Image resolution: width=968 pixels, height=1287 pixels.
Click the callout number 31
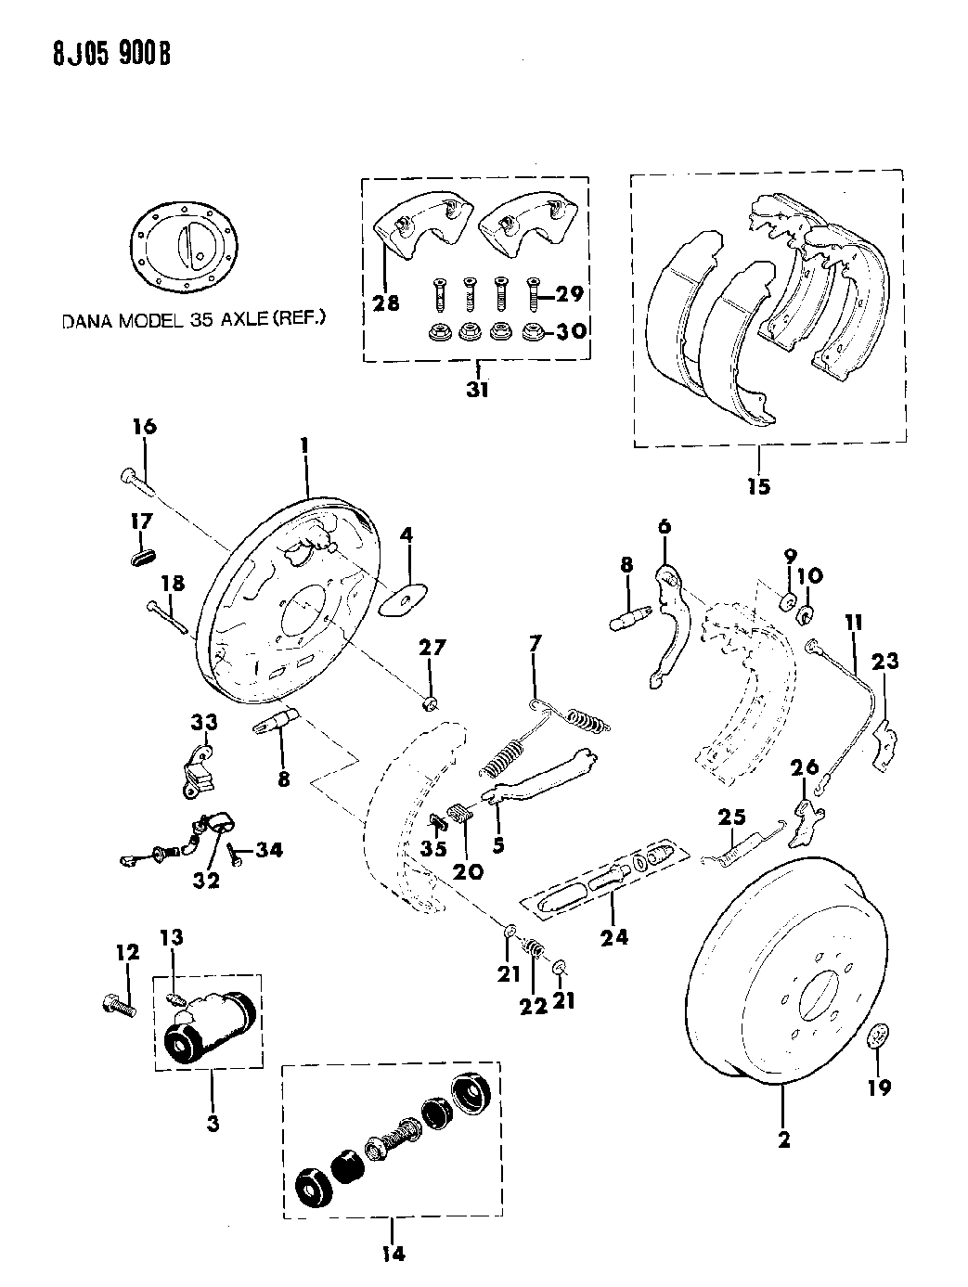point(476,390)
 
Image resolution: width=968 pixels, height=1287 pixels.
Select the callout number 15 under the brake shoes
point(758,484)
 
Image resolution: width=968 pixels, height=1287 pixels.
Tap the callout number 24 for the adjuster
point(613,936)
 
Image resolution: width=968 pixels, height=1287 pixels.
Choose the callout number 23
point(885,662)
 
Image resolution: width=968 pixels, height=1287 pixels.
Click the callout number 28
point(388,302)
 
